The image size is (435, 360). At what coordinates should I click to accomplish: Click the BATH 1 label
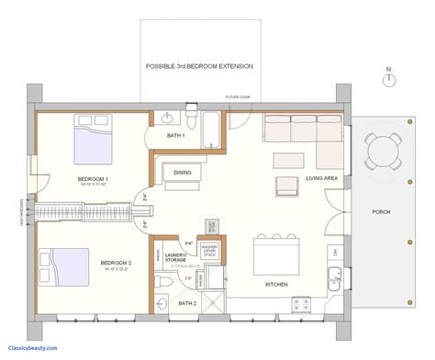click(x=176, y=136)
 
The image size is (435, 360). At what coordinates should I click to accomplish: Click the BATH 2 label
click(x=187, y=302)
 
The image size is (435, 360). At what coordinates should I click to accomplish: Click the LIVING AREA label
click(x=324, y=180)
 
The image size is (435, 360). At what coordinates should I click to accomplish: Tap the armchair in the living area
click(x=286, y=186)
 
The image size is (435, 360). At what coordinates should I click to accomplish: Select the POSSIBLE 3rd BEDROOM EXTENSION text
click(x=199, y=67)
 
